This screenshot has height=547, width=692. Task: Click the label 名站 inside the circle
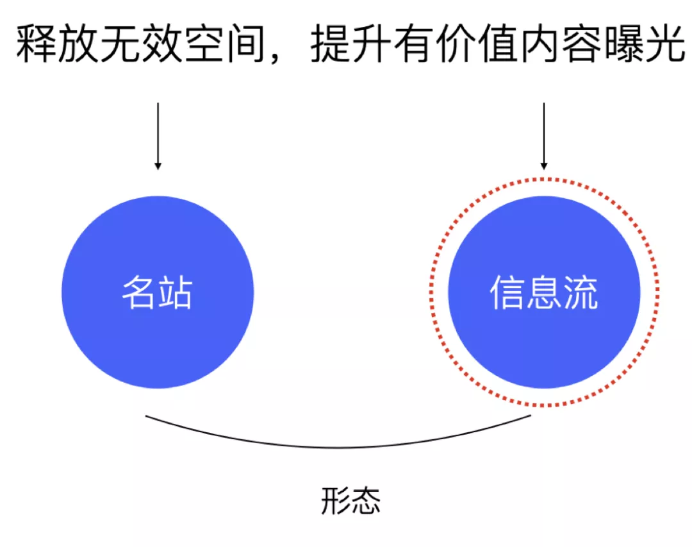(157, 293)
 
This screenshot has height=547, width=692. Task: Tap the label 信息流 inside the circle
(543, 293)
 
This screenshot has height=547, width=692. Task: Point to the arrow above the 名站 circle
(158, 135)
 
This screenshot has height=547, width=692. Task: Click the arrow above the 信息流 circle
(543, 135)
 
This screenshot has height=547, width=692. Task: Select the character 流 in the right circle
(580, 293)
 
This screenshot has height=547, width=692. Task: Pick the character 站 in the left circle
(175, 293)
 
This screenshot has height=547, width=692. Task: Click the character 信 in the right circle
(507, 293)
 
